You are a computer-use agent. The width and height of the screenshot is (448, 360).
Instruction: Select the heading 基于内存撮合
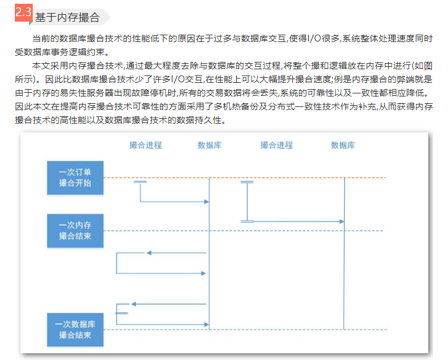point(67,17)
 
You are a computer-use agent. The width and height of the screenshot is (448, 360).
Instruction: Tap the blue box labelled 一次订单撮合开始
point(75,178)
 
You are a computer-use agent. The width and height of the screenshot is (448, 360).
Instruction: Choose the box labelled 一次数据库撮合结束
point(75,329)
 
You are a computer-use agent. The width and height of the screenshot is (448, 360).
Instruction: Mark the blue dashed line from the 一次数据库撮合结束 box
point(278,329)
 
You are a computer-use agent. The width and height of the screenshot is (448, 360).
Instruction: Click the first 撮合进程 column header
point(146,145)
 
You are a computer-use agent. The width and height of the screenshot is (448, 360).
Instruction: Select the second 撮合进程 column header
point(276,145)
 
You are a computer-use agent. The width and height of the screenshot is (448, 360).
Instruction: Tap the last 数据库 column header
point(342,145)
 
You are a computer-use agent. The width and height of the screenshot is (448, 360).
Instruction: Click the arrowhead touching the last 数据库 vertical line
point(340,221)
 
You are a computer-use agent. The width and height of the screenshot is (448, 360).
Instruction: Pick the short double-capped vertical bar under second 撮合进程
point(247,201)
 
